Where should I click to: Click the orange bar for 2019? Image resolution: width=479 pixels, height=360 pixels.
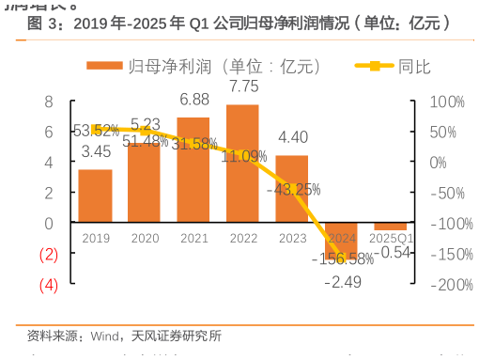pos(95,196)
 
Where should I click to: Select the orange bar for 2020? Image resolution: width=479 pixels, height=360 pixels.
pos(144,183)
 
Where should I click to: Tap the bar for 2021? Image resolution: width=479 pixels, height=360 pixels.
pos(193,170)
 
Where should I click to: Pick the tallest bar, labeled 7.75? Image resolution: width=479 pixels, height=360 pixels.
pos(242,164)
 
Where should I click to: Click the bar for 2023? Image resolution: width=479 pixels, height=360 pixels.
pos(291,189)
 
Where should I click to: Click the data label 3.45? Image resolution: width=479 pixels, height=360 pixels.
pos(96,150)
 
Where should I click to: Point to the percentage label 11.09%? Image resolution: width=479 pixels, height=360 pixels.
pos(242,156)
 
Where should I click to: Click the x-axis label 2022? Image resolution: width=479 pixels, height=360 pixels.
pos(242,238)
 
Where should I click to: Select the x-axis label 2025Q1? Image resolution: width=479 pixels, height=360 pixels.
pos(390,238)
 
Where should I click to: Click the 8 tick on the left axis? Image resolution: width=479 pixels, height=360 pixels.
pos(49,102)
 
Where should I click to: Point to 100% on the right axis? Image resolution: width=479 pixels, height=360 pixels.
pos(446,102)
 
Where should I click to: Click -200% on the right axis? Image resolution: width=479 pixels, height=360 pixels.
pos(444,285)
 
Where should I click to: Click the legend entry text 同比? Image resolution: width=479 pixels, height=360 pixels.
pos(414,66)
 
